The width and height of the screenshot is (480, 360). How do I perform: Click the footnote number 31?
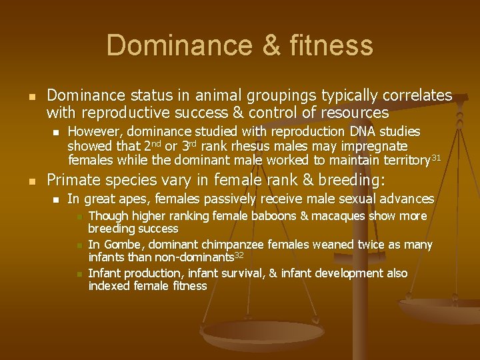[x=436, y=157]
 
